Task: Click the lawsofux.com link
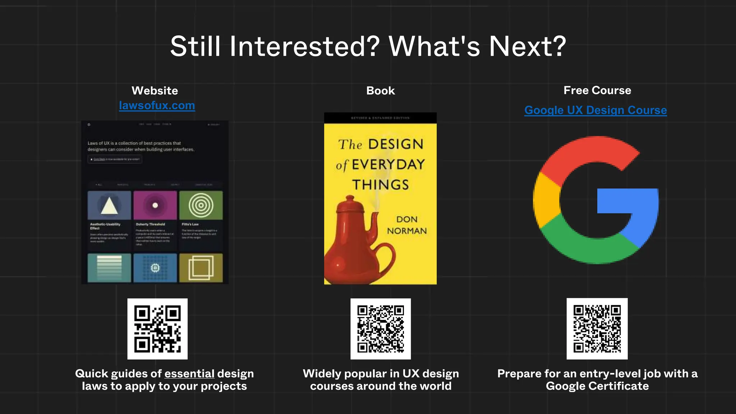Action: [157, 106]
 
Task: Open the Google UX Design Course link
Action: [595, 110]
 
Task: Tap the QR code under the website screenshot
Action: [157, 329]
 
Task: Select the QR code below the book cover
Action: [381, 329]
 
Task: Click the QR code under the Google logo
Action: [597, 328]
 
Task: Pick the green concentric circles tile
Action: [201, 205]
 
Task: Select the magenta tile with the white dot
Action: [155, 205]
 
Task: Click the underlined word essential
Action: [189, 374]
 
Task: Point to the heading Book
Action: [380, 91]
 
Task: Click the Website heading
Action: [155, 91]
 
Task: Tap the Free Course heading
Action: [597, 90]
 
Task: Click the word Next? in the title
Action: [527, 47]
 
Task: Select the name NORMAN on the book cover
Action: [407, 231]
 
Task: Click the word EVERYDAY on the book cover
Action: [388, 165]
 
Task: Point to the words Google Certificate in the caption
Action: [597, 386]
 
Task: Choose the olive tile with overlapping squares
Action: [201, 268]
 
